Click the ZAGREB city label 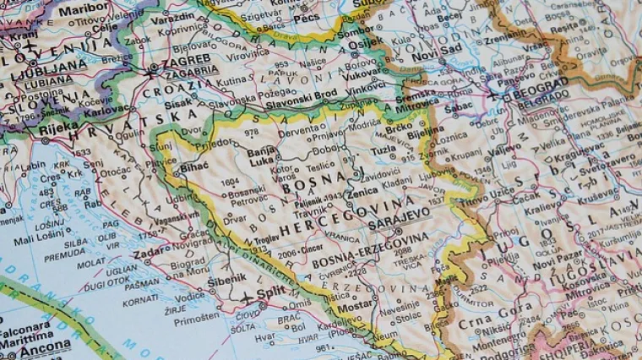tap(180, 63)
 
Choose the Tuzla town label tap(385, 149)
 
